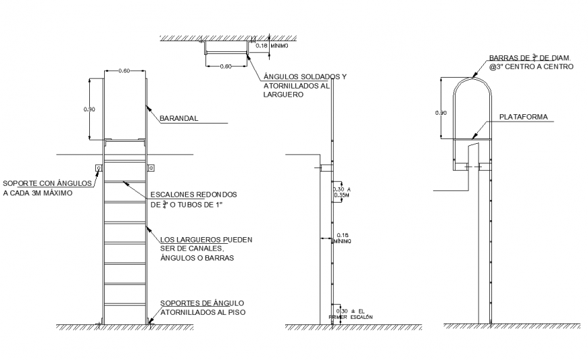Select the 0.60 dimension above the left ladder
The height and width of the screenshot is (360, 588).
[124, 70]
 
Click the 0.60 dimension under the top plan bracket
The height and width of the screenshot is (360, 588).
[226, 66]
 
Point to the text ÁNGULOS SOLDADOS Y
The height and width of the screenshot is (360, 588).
[304, 76]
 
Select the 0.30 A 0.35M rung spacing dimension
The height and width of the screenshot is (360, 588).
[343, 192]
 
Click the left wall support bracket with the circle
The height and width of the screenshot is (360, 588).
[99, 168]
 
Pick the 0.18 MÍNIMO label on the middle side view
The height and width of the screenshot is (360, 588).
[343, 238]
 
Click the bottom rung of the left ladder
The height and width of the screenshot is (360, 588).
[124, 305]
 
